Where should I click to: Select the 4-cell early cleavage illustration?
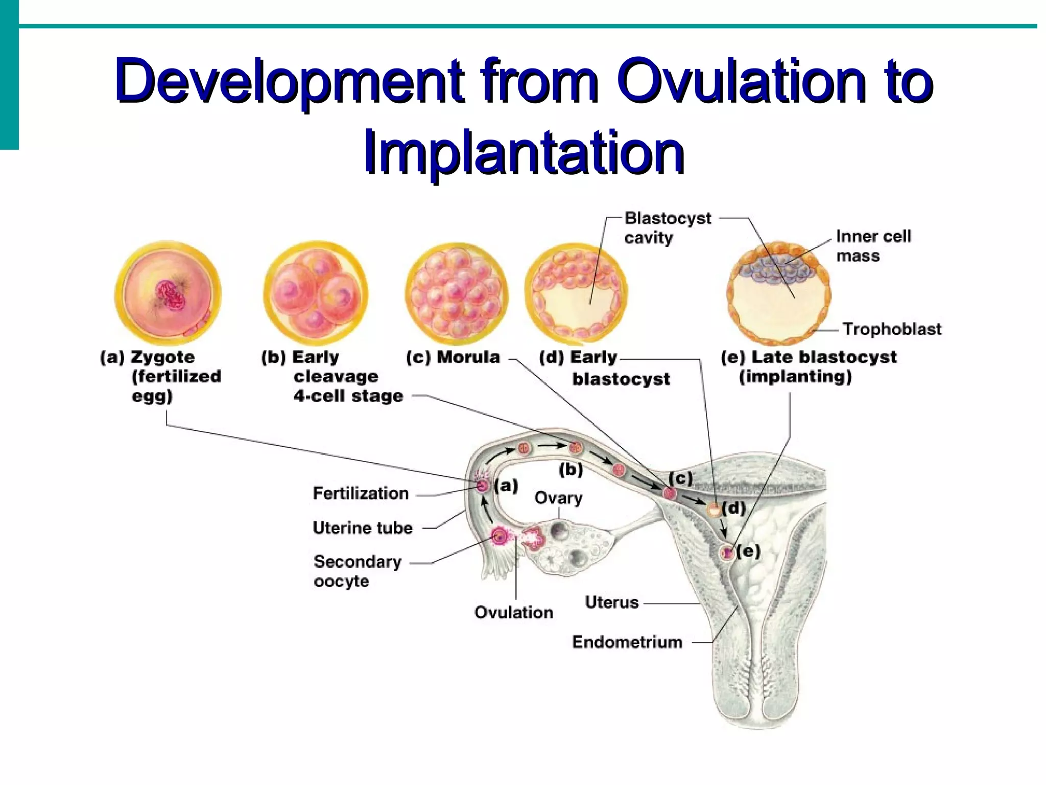click(x=315, y=294)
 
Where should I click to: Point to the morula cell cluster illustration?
click(x=457, y=294)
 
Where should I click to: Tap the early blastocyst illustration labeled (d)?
click(x=576, y=294)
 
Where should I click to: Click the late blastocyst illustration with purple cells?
click(x=778, y=294)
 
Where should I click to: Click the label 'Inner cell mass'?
click(x=873, y=246)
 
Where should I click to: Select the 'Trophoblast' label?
click(x=892, y=329)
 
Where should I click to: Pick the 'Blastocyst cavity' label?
click(x=667, y=228)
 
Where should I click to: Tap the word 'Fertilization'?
click(x=361, y=493)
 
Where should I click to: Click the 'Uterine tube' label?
click(x=363, y=528)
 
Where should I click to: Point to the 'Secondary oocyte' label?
click(x=358, y=571)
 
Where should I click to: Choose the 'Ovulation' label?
click(x=514, y=612)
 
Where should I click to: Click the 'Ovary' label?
click(x=558, y=498)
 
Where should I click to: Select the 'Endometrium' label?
click(x=627, y=642)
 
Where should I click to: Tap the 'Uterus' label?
click(x=612, y=603)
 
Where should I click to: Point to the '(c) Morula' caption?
click(x=453, y=357)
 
